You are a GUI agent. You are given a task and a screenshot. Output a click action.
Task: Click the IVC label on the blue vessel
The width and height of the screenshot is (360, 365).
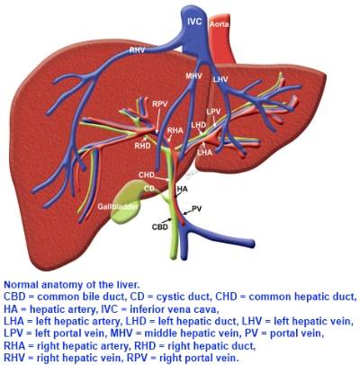(x=194, y=22)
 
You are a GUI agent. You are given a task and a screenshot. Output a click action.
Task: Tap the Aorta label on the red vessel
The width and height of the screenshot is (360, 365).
(x=219, y=24)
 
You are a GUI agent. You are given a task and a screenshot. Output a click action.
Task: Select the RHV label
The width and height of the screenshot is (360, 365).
(x=137, y=50)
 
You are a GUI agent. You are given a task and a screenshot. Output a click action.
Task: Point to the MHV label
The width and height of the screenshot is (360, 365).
(x=193, y=76)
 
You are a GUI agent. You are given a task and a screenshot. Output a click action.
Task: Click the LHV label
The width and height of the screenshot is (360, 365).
(x=220, y=79)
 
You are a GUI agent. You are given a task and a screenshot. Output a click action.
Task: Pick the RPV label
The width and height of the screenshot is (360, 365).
(x=159, y=104)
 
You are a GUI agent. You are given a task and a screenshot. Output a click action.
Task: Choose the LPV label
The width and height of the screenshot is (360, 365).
(x=213, y=111)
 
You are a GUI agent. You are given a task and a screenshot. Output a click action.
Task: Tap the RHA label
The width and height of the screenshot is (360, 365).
(x=175, y=130)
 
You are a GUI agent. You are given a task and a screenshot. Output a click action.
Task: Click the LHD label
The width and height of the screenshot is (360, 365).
(x=199, y=124)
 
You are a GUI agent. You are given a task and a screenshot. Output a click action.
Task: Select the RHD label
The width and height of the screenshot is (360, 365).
(x=142, y=146)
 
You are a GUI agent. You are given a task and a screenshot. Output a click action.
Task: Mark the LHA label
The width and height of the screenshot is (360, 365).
(x=204, y=152)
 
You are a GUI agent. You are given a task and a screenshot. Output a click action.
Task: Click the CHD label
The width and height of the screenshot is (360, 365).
(x=147, y=175)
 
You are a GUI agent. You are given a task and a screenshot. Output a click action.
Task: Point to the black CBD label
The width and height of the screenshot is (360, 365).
(x=160, y=227)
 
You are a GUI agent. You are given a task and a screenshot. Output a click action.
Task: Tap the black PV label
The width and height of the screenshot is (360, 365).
(x=196, y=209)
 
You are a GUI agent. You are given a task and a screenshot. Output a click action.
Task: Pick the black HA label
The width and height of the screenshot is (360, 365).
(x=182, y=189)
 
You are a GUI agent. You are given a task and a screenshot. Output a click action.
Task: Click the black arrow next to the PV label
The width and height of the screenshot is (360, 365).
(x=187, y=212)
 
